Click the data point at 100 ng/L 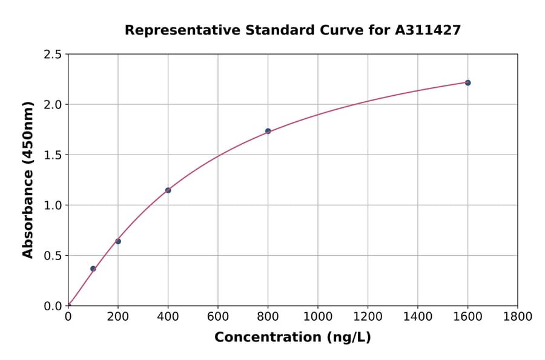pos(93,268)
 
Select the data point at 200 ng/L pos(118,241)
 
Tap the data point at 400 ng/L pos(168,190)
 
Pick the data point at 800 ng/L pos(268,131)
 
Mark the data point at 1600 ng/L pos(467,82)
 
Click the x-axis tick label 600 pos(218,316)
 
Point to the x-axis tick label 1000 pos(317,316)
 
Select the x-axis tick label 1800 pos(517,316)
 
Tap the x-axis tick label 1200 pos(368,316)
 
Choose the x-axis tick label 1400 pos(417,316)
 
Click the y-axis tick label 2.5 pos(53,55)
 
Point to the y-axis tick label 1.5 pos(53,155)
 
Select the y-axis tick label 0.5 pos(53,256)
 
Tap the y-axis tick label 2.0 pos(53,105)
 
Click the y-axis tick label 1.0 pos(53,205)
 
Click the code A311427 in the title pos(428,30)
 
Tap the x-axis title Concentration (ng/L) pos(292,337)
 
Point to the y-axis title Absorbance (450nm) pos(28,179)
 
